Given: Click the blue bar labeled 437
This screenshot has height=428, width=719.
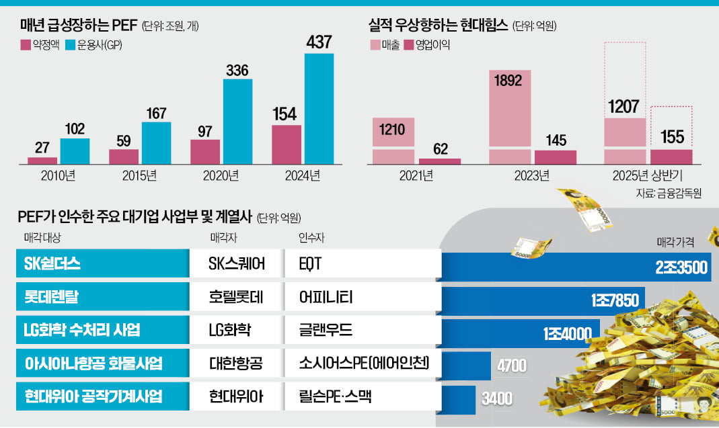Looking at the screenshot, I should click(x=319, y=109).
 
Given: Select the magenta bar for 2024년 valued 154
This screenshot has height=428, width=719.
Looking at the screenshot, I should click(x=287, y=144).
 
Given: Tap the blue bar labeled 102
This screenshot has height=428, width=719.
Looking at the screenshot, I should click(x=75, y=151).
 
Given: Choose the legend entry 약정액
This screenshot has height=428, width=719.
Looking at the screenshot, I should click(x=43, y=46).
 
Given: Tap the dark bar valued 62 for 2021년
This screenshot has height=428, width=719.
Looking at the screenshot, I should click(x=440, y=161).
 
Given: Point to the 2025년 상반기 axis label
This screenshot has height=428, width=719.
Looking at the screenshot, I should click(x=648, y=176).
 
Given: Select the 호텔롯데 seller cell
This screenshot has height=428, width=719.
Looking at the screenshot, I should click(x=237, y=297).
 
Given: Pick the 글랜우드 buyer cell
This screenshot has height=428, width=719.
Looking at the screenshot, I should click(x=326, y=330).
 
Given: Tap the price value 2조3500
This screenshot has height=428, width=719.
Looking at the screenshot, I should click(x=681, y=267).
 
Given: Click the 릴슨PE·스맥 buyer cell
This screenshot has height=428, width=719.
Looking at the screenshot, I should click(x=336, y=396).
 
